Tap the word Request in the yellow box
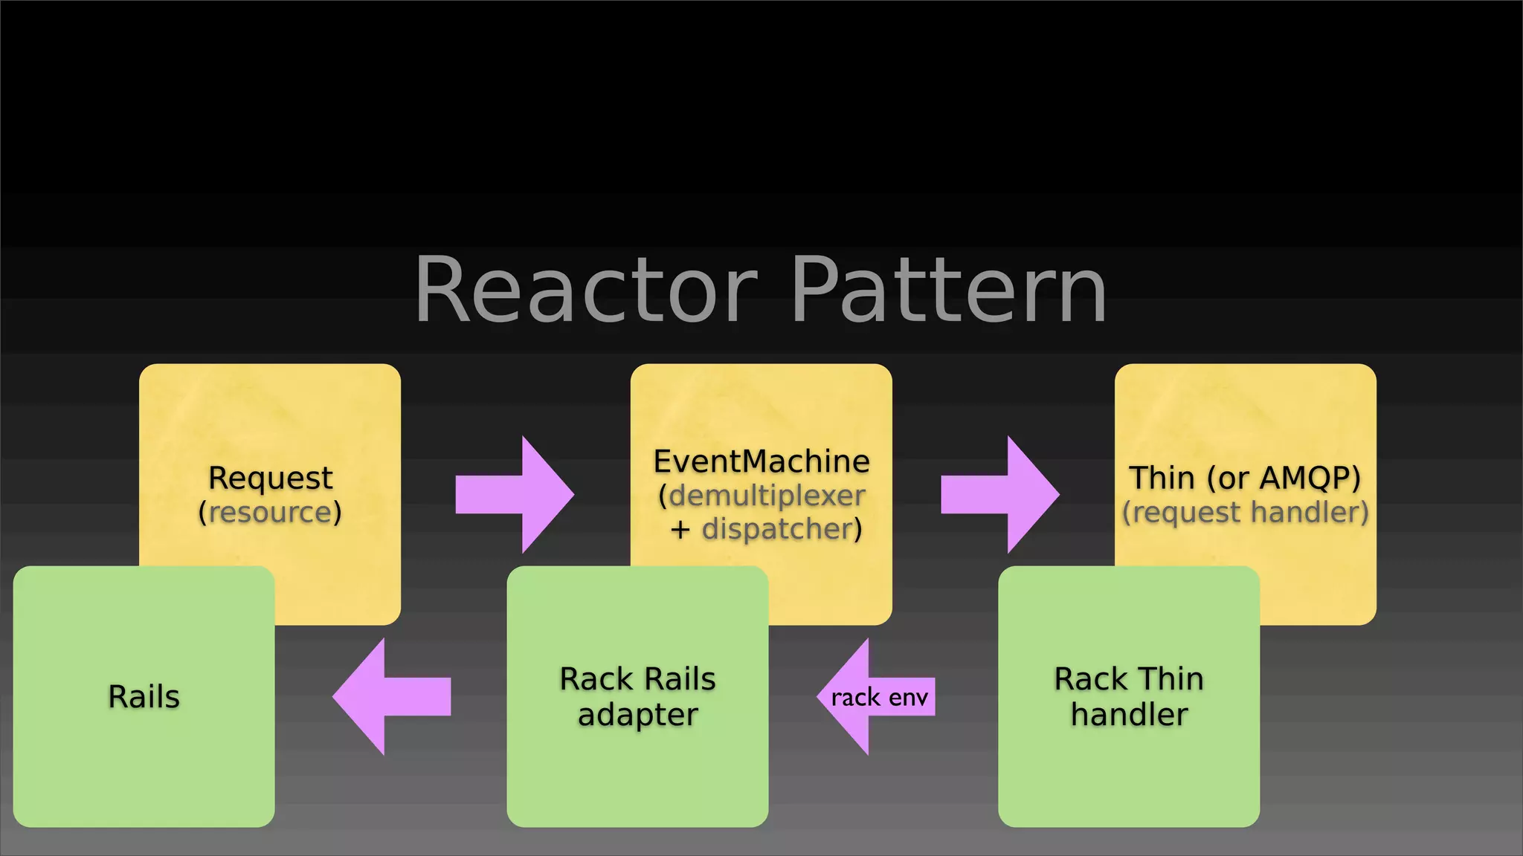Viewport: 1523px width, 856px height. click(x=270, y=478)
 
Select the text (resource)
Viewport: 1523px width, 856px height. click(x=270, y=513)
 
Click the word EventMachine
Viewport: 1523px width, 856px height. click(x=761, y=461)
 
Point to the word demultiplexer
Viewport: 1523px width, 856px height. click(x=766, y=496)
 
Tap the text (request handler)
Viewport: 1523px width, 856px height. click(x=1245, y=513)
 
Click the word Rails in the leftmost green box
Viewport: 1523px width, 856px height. click(x=144, y=697)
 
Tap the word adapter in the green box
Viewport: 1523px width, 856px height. click(x=637, y=715)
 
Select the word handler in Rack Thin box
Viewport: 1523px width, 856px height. click(x=1129, y=715)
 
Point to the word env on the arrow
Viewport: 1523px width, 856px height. click(x=908, y=698)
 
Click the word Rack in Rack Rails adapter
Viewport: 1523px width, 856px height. click(x=595, y=679)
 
